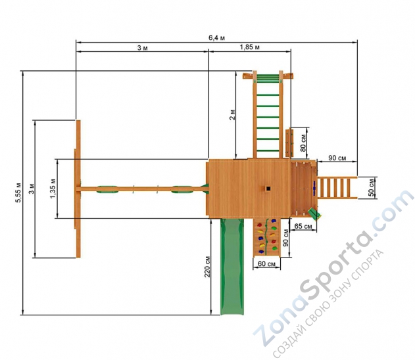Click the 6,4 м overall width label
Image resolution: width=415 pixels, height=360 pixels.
tap(217, 38)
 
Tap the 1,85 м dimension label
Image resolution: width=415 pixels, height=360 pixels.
tap(249, 47)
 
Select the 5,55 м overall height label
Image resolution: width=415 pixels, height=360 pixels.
tap(18, 192)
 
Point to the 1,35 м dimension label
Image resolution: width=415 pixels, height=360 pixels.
tap(53, 189)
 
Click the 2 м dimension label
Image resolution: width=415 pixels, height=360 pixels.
tap(232, 115)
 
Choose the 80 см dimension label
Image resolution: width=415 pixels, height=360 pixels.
tap(303, 143)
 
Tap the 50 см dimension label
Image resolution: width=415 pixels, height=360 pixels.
tap(372, 188)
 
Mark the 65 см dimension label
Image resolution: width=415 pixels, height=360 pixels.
tap(303, 226)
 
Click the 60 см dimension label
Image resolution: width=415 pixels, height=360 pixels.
tap(266, 264)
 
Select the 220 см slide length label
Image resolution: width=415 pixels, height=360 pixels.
tap(207, 267)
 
